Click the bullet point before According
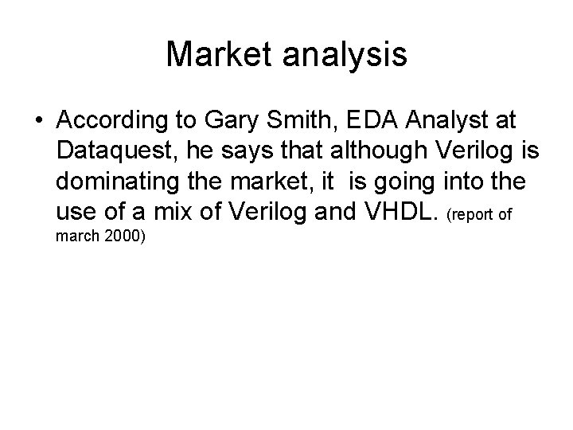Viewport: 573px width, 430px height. pos(39,122)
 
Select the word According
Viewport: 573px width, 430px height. pos(108,122)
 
